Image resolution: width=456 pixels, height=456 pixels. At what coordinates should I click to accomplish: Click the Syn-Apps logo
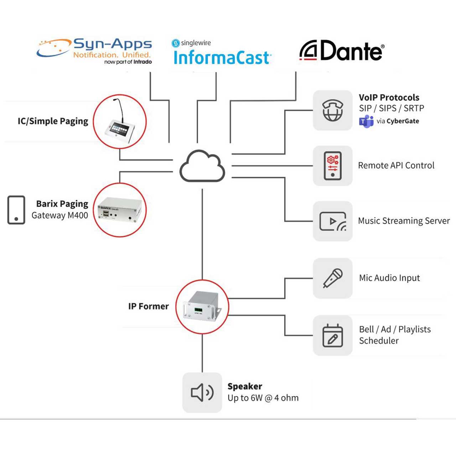pos(94,51)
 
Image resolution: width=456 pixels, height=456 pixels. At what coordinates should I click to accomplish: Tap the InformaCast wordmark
pos(222,57)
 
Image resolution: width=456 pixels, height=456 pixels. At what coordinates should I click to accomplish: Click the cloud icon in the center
pos(202,166)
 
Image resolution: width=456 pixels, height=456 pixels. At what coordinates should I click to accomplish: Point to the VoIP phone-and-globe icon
pos(333,110)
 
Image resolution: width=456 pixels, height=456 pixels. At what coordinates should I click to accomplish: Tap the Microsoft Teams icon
pos(366,121)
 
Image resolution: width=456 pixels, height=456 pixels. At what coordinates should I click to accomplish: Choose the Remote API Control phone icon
pos(333,166)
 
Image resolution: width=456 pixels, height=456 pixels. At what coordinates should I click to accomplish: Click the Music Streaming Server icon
pos(333,221)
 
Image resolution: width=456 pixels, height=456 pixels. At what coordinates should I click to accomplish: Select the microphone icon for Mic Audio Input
pos(333,278)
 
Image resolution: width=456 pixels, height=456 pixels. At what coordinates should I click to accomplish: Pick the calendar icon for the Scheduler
pos(333,335)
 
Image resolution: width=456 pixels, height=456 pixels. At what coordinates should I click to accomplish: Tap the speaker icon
pos(202,393)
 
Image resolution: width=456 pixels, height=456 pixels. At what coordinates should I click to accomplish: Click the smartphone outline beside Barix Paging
pos(16,210)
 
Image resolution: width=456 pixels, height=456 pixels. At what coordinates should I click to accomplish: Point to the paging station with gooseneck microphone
pos(120,122)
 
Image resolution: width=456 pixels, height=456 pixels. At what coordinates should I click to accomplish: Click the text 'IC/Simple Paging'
pos(53,121)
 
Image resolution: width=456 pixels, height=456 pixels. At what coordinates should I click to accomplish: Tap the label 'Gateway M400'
pos(59,215)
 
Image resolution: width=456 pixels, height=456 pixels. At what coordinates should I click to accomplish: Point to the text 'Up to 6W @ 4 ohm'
pos(263,398)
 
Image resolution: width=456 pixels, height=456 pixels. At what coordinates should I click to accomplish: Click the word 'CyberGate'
pos(403,121)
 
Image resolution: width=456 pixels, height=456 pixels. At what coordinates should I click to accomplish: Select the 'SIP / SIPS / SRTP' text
pos(392,108)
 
